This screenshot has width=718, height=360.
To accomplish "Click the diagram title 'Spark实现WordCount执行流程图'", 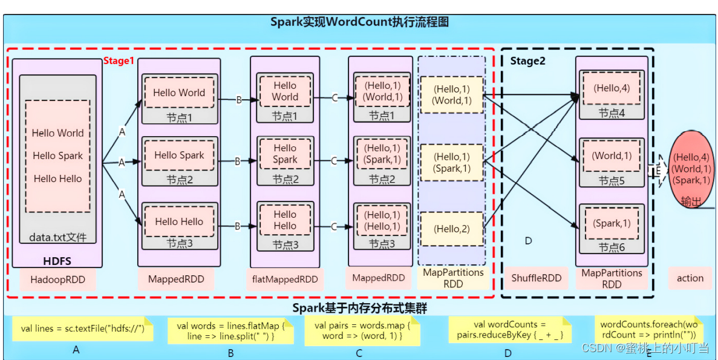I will click(359, 22).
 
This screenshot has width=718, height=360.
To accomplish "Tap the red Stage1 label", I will click(119, 61).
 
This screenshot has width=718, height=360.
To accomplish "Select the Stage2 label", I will click(527, 61).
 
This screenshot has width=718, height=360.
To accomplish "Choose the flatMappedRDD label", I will click(285, 280).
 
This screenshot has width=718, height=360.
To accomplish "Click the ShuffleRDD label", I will click(537, 278).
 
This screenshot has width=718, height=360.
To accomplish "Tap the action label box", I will click(690, 278).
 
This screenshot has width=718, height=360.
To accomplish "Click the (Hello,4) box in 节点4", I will click(612, 88).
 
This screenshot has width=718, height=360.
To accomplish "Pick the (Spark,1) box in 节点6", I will click(612, 223).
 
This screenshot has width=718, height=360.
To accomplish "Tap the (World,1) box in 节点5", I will click(612, 155).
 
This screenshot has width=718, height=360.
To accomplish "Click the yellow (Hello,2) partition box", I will click(452, 229).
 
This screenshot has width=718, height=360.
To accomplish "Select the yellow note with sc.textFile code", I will click(82, 329).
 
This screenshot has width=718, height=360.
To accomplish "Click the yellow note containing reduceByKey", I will click(509, 330).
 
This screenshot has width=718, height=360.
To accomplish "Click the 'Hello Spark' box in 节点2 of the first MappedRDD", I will click(179, 155).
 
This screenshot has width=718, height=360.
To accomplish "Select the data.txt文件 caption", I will click(58, 238).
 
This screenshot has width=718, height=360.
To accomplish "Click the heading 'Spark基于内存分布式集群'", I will click(359, 308).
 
